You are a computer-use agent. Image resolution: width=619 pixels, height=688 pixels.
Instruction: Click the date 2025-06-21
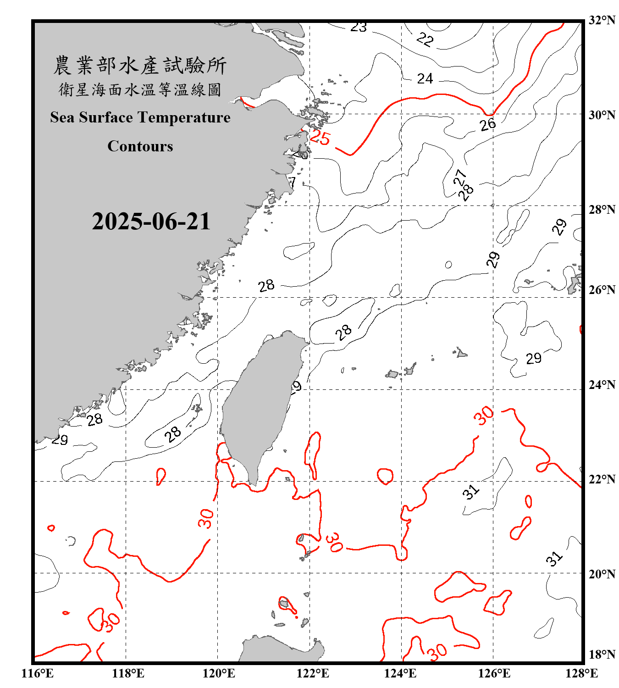tap(151, 222)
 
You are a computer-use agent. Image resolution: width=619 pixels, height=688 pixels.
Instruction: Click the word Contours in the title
tap(140, 146)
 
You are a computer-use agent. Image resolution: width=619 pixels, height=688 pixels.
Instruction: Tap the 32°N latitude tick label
tap(602, 20)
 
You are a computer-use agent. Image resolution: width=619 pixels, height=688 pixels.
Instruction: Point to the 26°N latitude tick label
tap(602, 290)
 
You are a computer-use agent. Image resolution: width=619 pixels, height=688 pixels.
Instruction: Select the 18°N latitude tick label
tap(602, 655)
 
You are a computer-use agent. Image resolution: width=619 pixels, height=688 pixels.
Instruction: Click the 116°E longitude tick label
tap(38, 673)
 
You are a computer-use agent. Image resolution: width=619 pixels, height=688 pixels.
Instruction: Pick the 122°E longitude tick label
tap(313, 673)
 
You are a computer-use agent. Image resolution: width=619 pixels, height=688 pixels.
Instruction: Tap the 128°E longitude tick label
tap(581, 673)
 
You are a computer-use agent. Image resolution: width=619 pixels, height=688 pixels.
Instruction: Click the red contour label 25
tap(320, 138)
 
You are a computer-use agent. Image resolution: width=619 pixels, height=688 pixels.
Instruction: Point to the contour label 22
tap(425, 39)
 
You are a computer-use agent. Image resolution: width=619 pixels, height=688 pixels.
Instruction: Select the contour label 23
tap(359, 28)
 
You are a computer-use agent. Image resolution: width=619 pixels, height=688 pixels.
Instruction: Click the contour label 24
tap(425, 79)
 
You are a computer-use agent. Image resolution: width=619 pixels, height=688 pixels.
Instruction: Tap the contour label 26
tap(488, 124)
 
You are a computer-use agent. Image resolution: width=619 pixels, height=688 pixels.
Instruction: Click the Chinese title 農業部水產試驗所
tap(140, 66)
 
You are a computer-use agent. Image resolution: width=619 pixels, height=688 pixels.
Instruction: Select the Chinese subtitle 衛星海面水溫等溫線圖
tap(140, 89)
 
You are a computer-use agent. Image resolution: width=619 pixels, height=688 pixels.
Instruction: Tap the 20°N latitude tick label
tap(602, 574)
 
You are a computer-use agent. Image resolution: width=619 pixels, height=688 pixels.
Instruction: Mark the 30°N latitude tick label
tap(602, 115)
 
